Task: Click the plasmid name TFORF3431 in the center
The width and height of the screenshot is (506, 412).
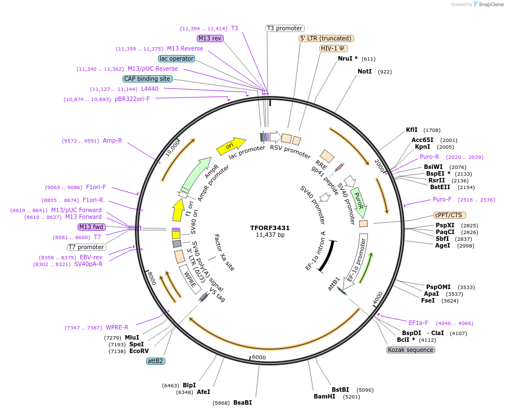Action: pyautogui.click(x=270, y=228)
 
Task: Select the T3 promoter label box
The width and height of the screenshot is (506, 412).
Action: pyautogui.click(x=284, y=28)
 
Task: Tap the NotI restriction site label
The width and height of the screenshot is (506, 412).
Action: pyautogui.click(x=364, y=72)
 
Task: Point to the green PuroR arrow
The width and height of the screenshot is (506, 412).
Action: pyautogui.click(x=358, y=203)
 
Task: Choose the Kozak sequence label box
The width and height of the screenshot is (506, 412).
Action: pyautogui.click(x=410, y=350)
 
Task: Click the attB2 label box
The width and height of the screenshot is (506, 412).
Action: pyautogui.click(x=155, y=361)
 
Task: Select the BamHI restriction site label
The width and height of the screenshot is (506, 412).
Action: pyautogui.click(x=325, y=396)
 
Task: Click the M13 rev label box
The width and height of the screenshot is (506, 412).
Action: pyautogui.click(x=210, y=38)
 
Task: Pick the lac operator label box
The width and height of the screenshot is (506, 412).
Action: pyautogui.click(x=177, y=58)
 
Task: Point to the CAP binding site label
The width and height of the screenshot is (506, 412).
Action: pyautogui.click(x=147, y=79)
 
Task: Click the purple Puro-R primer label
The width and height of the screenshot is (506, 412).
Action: pyautogui.click(x=430, y=157)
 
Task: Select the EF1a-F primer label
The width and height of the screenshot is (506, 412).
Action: pyautogui.click(x=418, y=323)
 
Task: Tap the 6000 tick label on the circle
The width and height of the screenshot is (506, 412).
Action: pyautogui.click(x=259, y=358)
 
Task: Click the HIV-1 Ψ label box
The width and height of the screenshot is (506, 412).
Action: pyautogui.click(x=333, y=48)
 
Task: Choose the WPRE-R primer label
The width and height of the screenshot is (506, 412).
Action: pyautogui.click(x=117, y=327)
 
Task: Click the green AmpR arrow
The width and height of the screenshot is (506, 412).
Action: pyautogui.click(x=200, y=173)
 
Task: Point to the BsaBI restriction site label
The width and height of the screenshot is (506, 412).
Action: pyautogui.click(x=242, y=402)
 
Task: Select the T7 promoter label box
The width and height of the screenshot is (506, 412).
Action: pyautogui.click(x=87, y=247)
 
